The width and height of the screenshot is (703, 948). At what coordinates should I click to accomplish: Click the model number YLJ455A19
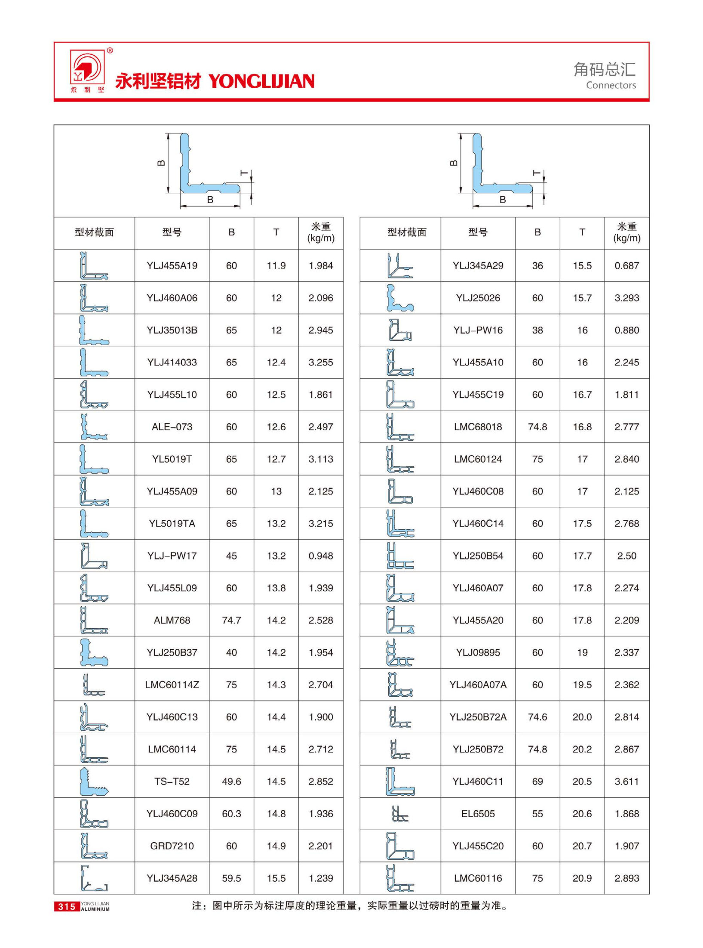(172, 266)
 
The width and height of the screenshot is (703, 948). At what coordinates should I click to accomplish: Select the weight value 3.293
(626, 298)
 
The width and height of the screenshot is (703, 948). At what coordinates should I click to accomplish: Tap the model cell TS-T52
(172, 781)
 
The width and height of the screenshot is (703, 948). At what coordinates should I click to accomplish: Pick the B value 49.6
(231, 781)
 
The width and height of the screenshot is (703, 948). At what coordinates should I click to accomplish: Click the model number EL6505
(478, 814)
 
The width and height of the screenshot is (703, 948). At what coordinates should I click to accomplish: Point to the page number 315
(67, 907)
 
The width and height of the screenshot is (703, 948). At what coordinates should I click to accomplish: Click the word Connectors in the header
(611, 85)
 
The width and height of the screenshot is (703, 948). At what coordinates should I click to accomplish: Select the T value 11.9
(276, 266)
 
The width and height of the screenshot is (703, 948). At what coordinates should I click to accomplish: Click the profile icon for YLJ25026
(399, 298)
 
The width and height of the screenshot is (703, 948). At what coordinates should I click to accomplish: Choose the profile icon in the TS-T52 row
(94, 781)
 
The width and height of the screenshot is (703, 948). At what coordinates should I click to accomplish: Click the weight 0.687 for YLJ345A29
(626, 266)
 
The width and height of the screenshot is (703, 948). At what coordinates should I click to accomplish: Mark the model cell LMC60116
(478, 878)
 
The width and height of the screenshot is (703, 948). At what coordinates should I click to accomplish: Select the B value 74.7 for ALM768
(231, 620)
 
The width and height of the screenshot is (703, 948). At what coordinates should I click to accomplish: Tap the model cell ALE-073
(172, 427)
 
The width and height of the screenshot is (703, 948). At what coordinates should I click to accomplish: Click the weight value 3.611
(626, 781)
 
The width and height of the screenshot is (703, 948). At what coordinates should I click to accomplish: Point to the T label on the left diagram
(244, 173)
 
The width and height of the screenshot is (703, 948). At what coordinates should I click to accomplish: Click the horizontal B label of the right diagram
(503, 200)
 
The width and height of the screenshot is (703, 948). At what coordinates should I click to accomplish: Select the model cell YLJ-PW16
(478, 330)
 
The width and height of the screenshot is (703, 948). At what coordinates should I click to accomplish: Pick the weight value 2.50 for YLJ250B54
(626, 556)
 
